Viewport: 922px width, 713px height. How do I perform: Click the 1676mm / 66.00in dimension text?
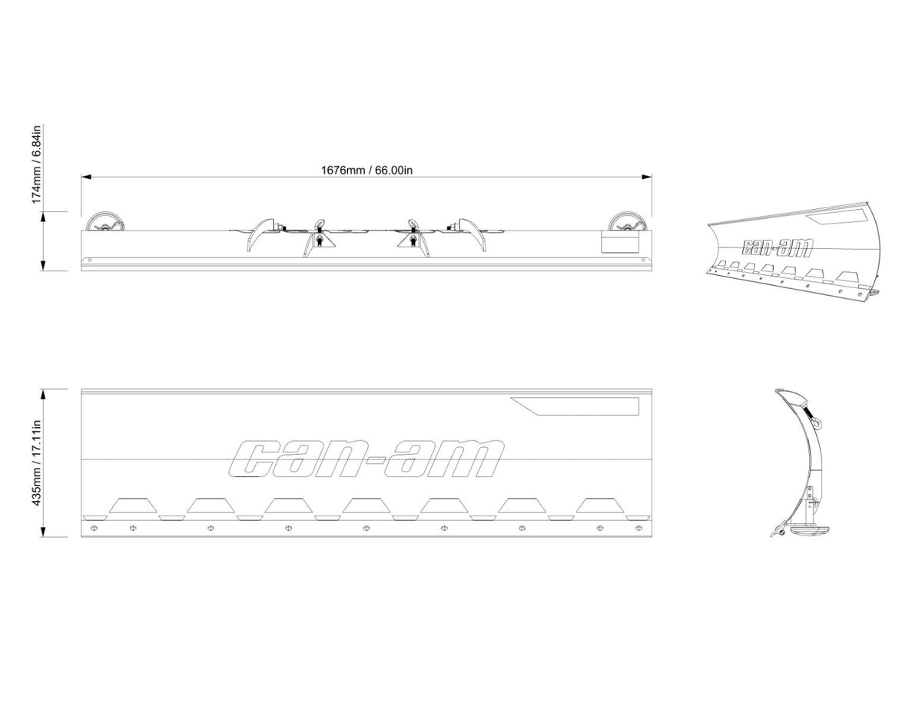tap(366, 170)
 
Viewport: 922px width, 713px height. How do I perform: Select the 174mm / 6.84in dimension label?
tap(37, 164)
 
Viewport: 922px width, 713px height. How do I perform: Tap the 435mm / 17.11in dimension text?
tap(37, 463)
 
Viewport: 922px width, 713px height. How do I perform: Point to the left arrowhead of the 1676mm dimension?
tap(86, 177)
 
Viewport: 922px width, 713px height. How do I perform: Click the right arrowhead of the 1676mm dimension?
tap(647, 177)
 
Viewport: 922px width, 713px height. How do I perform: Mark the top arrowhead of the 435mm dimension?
tap(42, 394)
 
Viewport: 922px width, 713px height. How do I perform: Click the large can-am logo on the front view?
tap(366, 458)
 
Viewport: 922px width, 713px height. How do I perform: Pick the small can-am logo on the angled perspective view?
tap(778, 247)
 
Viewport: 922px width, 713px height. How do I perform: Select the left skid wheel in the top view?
tap(104, 222)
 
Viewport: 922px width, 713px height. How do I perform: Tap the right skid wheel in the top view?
tap(626, 222)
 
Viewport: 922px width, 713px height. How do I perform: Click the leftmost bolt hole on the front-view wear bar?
tap(94, 528)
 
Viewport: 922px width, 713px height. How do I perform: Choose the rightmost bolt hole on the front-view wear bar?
tap(639, 528)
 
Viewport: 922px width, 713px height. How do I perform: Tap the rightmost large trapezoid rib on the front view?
tap(599, 505)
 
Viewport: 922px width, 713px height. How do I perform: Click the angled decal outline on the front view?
tap(575, 406)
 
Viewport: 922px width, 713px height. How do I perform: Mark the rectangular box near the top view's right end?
tap(620, 242)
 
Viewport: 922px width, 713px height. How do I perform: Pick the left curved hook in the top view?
tap(260, 234)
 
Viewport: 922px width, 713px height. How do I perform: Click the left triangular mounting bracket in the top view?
tap(319, 245)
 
